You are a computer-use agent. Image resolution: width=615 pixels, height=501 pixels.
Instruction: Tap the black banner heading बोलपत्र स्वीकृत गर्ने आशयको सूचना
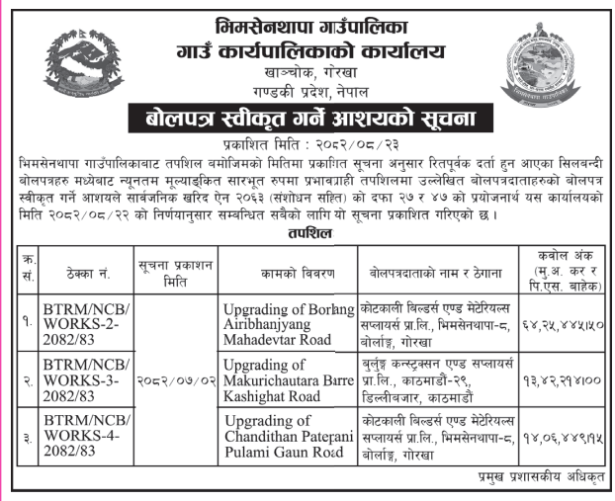coord(307,120)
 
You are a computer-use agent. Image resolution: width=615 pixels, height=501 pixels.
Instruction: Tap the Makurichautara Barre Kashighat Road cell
coord(288,381)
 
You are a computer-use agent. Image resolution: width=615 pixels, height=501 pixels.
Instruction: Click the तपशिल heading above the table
coord(307,233)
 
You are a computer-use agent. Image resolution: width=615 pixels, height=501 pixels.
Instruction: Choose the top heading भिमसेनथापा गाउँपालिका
coord(307,22)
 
